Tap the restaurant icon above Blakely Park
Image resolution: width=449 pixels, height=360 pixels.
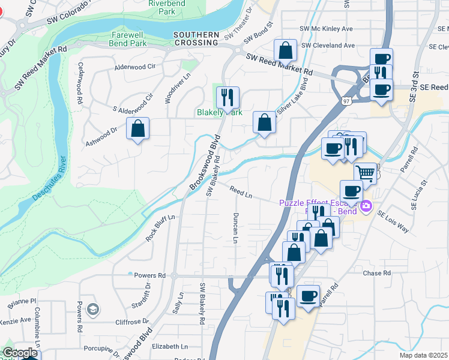[x=228, y=97]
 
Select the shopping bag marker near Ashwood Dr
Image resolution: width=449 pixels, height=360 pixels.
[x=137, y=128]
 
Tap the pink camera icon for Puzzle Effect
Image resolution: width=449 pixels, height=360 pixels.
[x=366, y=208]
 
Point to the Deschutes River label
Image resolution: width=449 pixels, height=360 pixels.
[x=61, y=178]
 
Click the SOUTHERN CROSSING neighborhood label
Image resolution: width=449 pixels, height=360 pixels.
[x=196, y=38]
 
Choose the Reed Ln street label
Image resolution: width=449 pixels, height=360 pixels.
[x=240, y=192]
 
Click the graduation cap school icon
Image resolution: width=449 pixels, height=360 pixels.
[x=92, y=309]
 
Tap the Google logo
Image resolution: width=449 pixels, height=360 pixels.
[x=20, y=353]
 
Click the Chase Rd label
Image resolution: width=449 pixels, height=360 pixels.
[x=377, y=273]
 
